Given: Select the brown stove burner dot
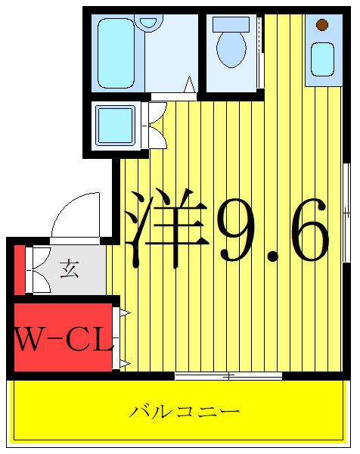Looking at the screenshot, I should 322,25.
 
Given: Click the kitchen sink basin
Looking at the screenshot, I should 322,59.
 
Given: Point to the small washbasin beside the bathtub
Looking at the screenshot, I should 149,23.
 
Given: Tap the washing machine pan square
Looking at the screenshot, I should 114,124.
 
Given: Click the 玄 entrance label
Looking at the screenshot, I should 70,268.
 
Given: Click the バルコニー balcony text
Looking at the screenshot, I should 185,412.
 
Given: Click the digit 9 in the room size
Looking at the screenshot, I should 237,230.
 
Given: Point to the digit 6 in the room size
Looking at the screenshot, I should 306,230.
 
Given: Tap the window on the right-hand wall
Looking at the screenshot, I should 346,212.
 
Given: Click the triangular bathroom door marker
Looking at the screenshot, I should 190,85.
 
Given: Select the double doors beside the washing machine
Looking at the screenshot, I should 157,124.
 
